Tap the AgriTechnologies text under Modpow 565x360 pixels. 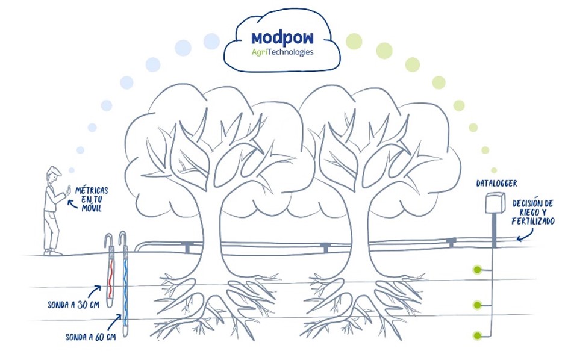point(282,52)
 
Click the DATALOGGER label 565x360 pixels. point(496,183)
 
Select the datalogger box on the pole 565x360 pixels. point(495,203)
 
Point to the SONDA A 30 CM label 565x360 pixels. point(73,305)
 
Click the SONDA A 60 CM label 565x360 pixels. point(90,337)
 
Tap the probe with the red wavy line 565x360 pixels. point(110,272)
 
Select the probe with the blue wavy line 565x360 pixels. point(125,284)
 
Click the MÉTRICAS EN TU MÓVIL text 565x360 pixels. point(92,199)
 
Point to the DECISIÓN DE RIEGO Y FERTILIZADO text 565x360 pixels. point(533,213)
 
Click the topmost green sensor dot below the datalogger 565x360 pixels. point(478,269)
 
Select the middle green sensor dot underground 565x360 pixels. point(477,305)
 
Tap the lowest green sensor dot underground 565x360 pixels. point(477,335)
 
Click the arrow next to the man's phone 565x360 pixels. point(72,205)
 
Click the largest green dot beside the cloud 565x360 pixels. point(354,41)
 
